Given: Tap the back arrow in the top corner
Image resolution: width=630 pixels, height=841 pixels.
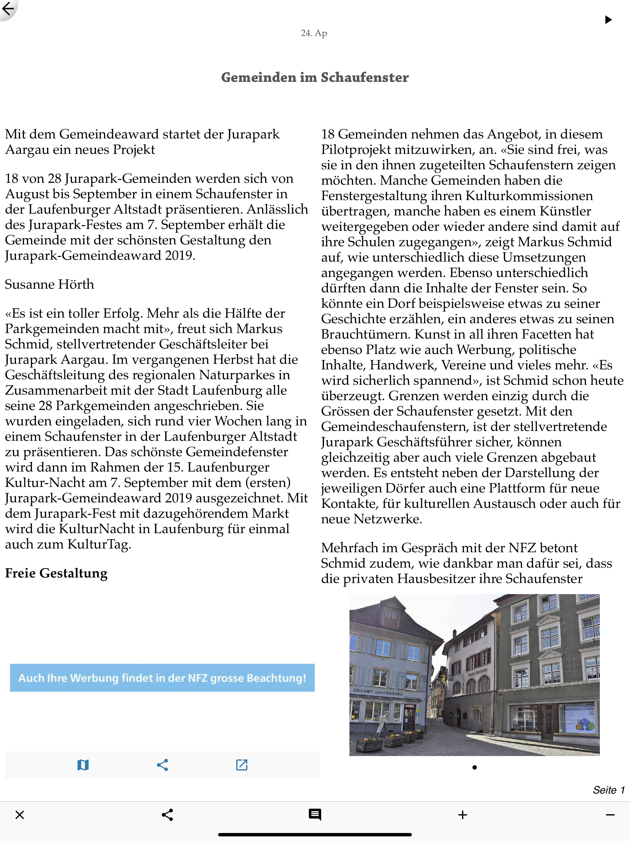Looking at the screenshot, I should point(8,8).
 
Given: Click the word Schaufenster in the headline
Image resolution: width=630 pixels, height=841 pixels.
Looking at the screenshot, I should point(365,78).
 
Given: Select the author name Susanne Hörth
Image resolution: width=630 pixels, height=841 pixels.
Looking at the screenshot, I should point(50,284).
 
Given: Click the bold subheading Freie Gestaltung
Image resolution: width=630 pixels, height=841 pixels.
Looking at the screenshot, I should point(56,573).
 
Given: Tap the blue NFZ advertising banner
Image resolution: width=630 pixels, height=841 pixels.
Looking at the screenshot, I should point(162,678).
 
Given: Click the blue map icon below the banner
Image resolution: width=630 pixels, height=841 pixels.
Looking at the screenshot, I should point(83,765).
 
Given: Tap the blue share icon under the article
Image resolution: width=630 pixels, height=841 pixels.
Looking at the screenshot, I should point(162,765).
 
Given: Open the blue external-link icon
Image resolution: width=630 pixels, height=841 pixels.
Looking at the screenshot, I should point(242,765).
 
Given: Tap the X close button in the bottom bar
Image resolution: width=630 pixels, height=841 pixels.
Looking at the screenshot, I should point(20,815).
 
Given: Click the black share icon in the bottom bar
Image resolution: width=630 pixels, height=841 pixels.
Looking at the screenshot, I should point(167,815).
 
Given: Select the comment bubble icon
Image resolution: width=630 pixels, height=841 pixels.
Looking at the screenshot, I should point(315,815).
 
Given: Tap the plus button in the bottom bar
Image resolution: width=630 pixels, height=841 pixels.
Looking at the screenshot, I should point(462,815).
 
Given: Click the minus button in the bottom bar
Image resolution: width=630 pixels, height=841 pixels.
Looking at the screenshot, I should point(610,815).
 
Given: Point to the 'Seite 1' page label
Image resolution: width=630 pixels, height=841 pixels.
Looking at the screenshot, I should point(608,790).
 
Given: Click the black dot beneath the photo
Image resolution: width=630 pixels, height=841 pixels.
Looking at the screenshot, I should point(474,767).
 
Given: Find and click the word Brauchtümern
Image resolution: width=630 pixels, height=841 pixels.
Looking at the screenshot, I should point(365,335).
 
